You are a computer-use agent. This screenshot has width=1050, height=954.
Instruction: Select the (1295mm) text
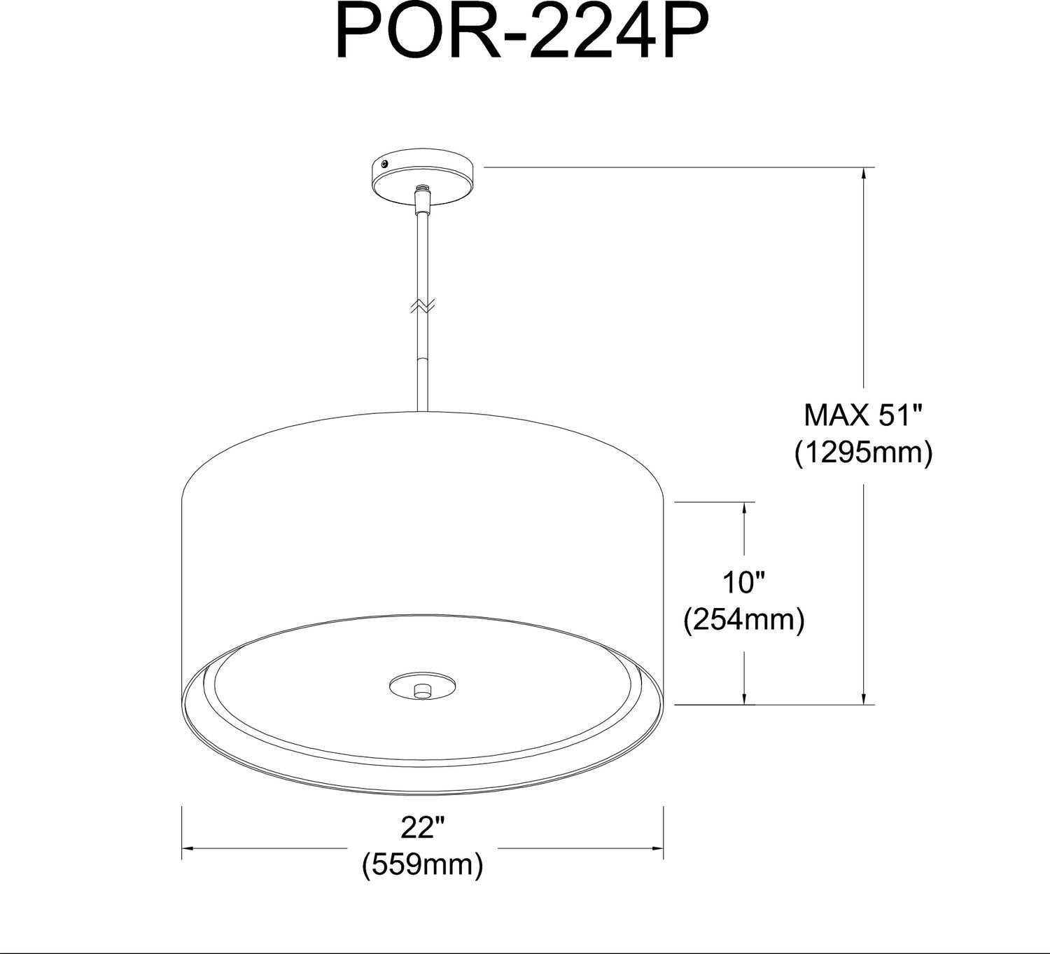coord(864,453)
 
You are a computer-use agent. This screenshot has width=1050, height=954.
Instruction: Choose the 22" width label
coord(423,828)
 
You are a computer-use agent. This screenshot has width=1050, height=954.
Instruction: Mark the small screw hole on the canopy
coord(384,163)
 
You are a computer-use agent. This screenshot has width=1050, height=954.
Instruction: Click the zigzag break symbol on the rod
coord(423,305)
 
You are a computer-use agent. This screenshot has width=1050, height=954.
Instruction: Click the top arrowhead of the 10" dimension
coord(744,508)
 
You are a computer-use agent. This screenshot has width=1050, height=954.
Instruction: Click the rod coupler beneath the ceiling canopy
coord(422,203)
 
